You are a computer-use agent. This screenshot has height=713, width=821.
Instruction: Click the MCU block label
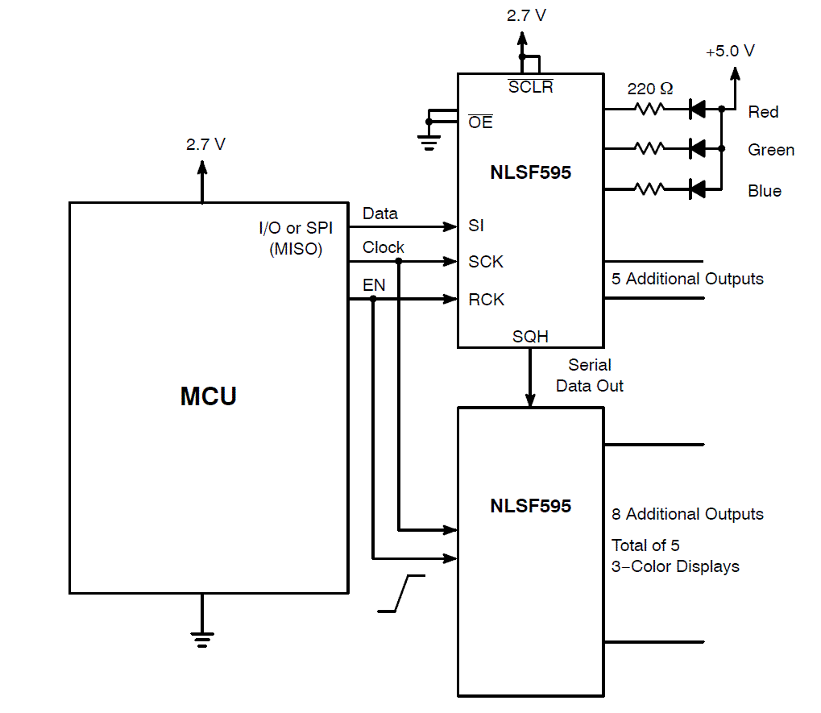click(208, 396)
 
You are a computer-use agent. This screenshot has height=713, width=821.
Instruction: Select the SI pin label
click(477, 226)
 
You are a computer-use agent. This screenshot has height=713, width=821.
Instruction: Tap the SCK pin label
click(485, 262)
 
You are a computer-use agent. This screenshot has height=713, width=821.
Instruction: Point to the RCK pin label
click(486, 300)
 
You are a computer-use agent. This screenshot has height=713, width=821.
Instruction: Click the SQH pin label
click(530, 337)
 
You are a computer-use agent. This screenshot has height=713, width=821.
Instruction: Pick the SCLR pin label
click(530, 87)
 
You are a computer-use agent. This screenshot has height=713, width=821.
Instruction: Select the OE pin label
click(480, 122)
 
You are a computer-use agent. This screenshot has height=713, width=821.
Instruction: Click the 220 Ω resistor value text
click(649, 89)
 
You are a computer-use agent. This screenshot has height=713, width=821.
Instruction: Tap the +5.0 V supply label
click(730, 52)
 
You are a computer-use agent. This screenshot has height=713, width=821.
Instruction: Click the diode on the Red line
click(698, 109)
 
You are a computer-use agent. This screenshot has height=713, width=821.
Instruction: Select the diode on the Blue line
click(698, 189)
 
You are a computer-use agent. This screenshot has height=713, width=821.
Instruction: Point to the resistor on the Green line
click(649, 148)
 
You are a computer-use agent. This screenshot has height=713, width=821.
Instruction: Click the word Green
click(770, 150)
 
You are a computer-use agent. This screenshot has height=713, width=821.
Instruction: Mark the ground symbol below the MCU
click(201, 640)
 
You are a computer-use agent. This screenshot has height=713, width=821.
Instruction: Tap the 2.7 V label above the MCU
click(205, 145)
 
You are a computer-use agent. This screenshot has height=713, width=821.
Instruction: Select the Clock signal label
click(383, 247)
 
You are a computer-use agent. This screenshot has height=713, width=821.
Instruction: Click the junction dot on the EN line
click(373, 299)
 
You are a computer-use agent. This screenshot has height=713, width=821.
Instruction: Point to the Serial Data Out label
click(590, 375)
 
